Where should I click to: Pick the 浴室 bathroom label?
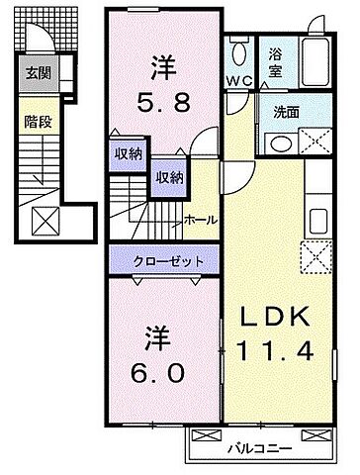coord(271,64)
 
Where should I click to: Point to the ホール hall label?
coord(201,220)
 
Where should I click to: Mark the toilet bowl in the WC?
coord(238,52)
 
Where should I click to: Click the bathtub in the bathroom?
coord(314,63)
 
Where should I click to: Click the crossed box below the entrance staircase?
coord(45,219)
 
